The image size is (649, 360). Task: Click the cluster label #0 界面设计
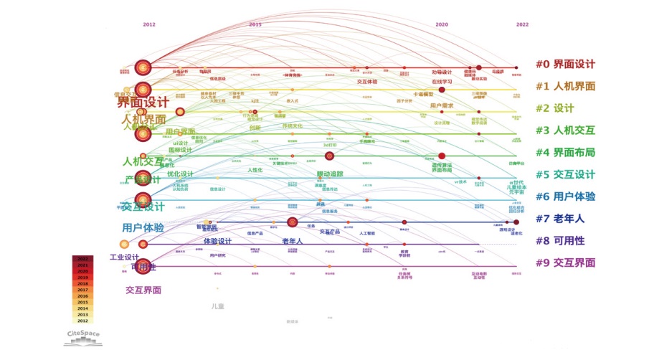coord(565,65)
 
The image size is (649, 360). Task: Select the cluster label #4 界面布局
coord(565,152)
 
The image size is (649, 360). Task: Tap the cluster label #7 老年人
coord(560,219)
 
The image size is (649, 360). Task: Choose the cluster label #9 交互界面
coord(565,262)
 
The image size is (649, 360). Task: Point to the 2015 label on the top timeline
coord(255,24)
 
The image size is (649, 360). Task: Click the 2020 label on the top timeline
coord(442,24)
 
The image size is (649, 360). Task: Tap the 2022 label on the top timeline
coord(522,24)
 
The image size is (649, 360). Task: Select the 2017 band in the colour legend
coord(82,290)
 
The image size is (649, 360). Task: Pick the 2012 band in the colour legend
coord(82,321)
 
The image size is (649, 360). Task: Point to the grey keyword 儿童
coord(217,306)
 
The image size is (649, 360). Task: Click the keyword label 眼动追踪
coord(330,174)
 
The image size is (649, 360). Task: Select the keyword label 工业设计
coord(124,257)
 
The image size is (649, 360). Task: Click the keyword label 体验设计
coord(217,241)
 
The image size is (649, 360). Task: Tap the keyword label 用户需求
coord(442,105)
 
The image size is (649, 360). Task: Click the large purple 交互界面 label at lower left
coord(143,290)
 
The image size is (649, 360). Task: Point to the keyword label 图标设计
coord(180,150)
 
